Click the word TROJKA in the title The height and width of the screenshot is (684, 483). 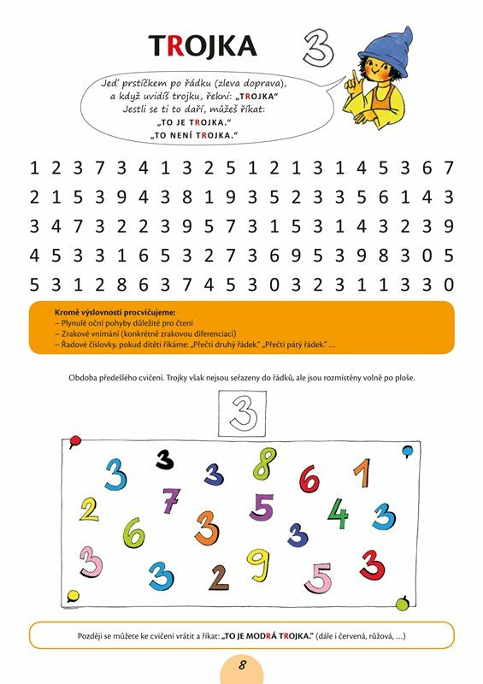(x=203, y=46)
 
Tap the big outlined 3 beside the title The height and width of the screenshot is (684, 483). (x=317, y=46)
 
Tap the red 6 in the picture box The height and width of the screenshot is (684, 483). (x=309, y=481)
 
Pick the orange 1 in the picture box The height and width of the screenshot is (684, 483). (x=362, y=475)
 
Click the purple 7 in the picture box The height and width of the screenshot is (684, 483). (x=171, y=499)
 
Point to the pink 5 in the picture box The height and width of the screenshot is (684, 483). (x=318, y=578)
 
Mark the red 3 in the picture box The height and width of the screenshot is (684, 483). (x=371, y=564)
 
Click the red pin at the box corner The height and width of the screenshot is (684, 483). (x=75, y=440)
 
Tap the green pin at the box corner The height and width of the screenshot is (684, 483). (x=403, y=605)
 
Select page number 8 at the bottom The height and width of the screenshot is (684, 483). (x=242, y=665)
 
